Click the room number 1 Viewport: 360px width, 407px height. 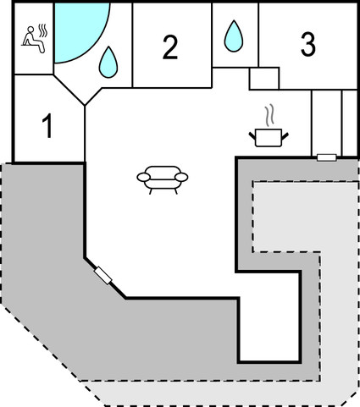(x=47, y=126)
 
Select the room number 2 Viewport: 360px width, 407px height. (x=170, y=47)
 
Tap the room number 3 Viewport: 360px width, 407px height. (x=307, y=44)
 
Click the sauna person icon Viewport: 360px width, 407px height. (x=34, y=39)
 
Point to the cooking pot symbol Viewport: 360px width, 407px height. (x=269, y=137)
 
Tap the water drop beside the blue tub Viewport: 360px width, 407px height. (x=108, y=62)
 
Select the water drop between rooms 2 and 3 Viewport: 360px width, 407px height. (x=234, y=36)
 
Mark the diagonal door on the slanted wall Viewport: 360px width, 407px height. (x=103, y=276)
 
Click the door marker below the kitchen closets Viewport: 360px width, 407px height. (x=327, y=157)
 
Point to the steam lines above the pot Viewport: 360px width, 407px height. (x=269, y=115)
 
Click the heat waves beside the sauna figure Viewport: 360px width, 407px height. (x=43, y=30)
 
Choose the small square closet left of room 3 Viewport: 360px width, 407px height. (x=264, y=79)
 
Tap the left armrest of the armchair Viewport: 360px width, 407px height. (x=144, y=177)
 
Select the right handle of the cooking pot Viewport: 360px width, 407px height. (x=285, y=136)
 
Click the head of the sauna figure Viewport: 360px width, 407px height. (x=30, y=29)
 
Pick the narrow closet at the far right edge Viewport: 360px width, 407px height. (x=350, y=123)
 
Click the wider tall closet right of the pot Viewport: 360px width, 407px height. (x=327, y=123)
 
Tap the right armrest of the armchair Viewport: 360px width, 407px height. (x=181, y=177)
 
